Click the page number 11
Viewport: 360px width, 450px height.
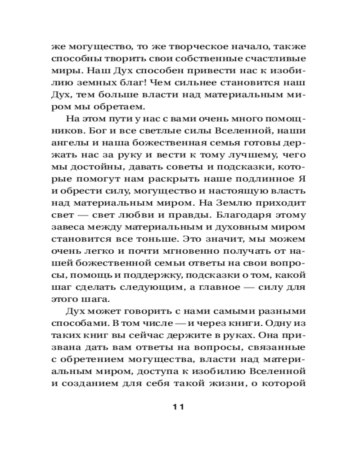point(179,407)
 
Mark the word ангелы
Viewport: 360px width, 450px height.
point(70,144)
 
